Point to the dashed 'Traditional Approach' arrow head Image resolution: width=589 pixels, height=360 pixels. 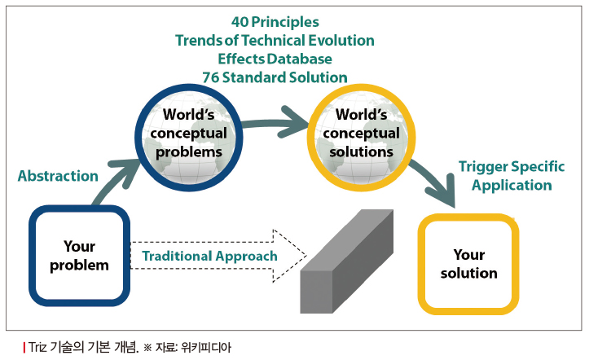click(x=289, y=256)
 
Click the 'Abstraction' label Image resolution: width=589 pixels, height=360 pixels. click(x=58, y=176)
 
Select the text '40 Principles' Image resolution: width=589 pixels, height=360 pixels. click(x=275, y=22)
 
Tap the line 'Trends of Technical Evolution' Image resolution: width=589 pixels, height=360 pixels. click(x=275, y=40)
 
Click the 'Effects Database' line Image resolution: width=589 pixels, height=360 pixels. click(x=275, y=59)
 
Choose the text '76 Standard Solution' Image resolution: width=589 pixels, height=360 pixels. click(x=275, y=77)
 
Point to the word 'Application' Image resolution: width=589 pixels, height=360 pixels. click(x=512, y=185)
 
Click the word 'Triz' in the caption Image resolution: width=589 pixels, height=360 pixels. click(x=37, y=347)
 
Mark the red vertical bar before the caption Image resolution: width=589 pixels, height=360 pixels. click(x=24, y=347)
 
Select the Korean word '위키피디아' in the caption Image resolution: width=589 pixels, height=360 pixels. click(x=206, y=347)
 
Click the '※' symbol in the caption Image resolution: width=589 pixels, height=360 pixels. click(x=147, y=348)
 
